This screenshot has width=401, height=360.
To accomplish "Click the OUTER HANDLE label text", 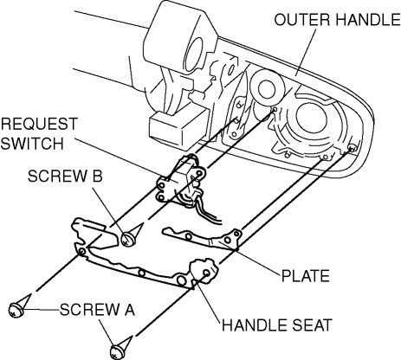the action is click(337, 20).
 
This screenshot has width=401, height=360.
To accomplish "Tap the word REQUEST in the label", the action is click(39, 124).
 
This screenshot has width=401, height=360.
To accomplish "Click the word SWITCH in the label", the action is click(32, 143).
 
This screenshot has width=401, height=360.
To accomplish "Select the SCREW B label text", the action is click(65, 176).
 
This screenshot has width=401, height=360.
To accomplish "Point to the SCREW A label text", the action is click(97, 310).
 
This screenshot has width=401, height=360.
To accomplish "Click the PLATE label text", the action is click(306, 275).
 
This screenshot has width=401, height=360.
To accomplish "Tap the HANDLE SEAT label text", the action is click(277, 325).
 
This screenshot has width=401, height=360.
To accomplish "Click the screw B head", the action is click(128, 239).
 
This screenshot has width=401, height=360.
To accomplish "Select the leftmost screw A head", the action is click(16, 310).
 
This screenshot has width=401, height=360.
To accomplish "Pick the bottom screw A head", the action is click(117, 351).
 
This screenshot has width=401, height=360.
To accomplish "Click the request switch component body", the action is click(180, 180).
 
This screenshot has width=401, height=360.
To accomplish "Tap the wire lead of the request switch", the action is click(206, 210).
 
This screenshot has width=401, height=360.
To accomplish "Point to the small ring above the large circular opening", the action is click(266, 89).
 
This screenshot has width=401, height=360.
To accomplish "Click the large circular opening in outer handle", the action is click(311, 118).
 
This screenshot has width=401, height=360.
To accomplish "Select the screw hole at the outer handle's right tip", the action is click(352, 148).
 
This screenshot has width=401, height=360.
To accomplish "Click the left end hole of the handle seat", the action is click(81, 252).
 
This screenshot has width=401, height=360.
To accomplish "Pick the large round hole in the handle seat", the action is click(181, 280).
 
